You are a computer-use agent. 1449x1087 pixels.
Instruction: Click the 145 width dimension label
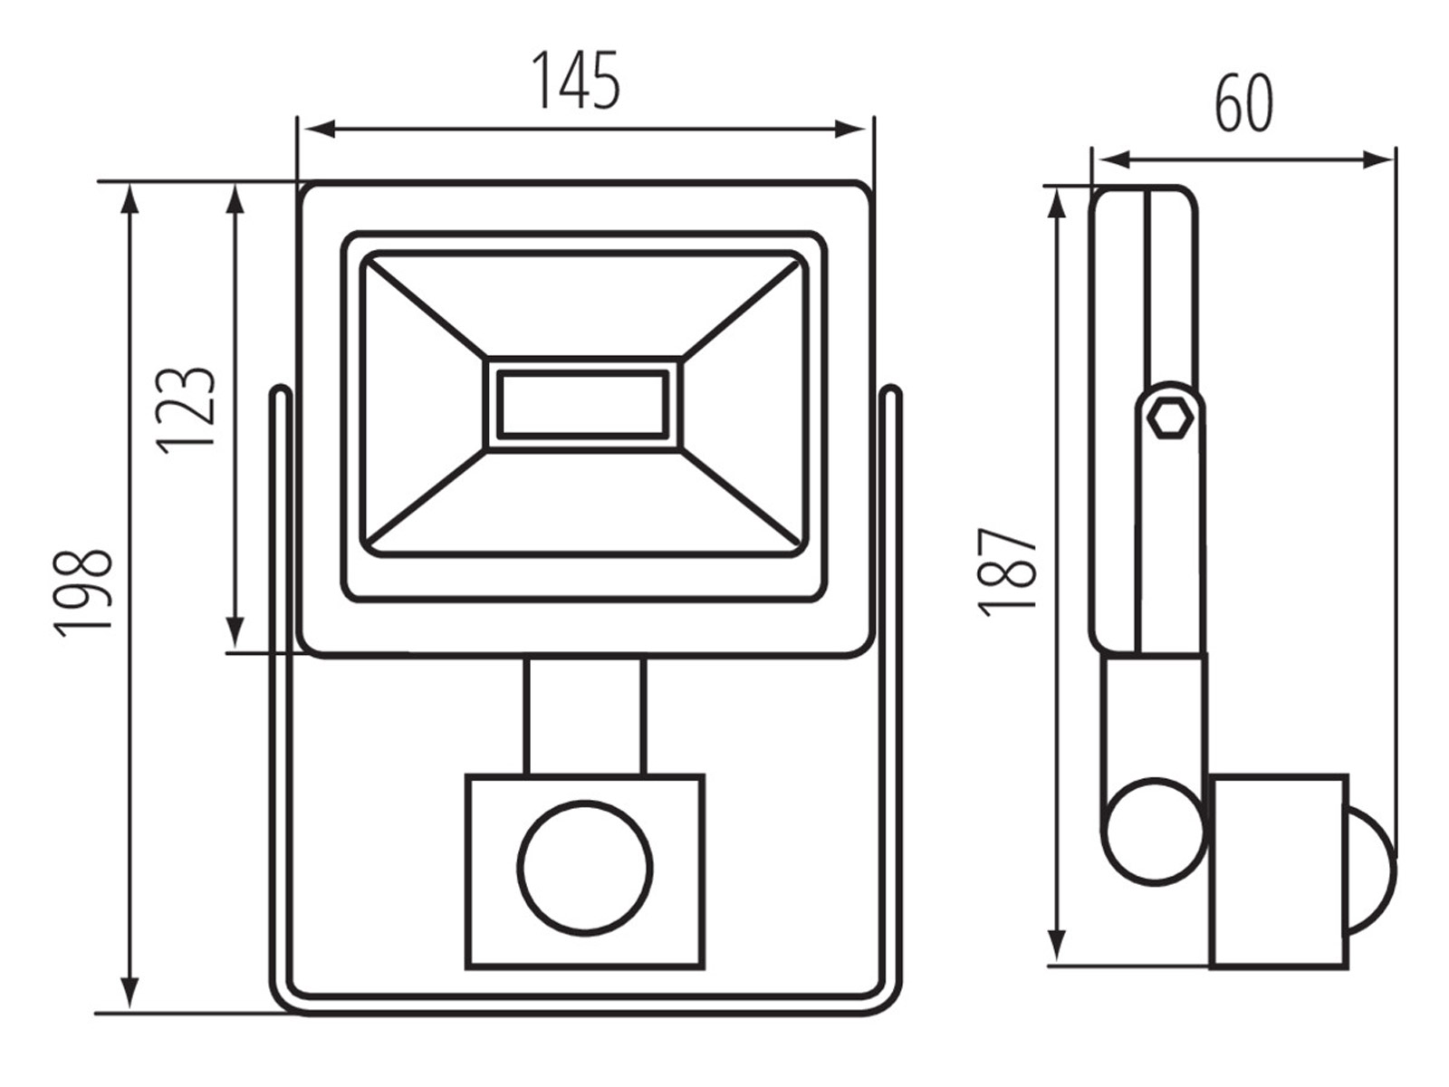[x=576, y=80]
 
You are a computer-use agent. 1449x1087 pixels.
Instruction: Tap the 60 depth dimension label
[x=1243, y=103]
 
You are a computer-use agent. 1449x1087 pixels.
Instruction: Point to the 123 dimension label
[x=186, y=410]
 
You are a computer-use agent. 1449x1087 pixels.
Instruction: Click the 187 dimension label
[x=1007, y=572]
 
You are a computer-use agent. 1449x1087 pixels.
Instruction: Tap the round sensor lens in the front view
[x=585, y=868]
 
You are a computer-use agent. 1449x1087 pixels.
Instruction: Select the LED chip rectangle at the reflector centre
[x=583, y=405]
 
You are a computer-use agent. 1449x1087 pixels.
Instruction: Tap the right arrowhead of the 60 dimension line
[x=1377, y=159]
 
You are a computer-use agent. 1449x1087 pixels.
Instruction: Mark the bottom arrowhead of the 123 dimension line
[x=235, y=633]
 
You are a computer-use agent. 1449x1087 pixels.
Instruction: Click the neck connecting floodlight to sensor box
[x=585, y=716]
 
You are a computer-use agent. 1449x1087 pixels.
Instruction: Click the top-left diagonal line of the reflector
[x=427, y=309]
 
